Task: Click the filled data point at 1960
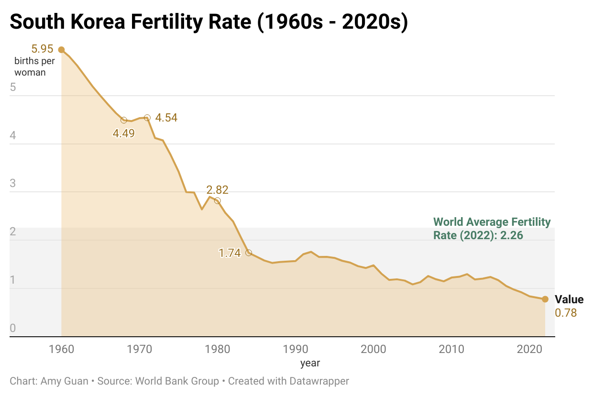(x=61, y=50)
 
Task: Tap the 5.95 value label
(x=42, y=49)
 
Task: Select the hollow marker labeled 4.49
(x=124, y=120)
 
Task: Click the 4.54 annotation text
(x=166, y=118)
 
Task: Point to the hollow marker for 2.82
(x=217, y=201)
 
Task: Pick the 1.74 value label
(x=230, y=254)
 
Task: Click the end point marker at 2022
(x=545, y=299)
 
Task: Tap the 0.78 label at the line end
(x=566, y=313)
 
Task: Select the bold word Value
(x=569, y=300)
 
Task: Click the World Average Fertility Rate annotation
(x=492, y=229)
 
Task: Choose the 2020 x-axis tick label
(x=529, y=349)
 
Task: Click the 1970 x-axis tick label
(x=139, y=349)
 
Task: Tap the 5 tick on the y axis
(x=13, y=88)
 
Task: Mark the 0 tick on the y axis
(x=13, y=329)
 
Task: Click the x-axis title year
(x=310, y=363)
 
